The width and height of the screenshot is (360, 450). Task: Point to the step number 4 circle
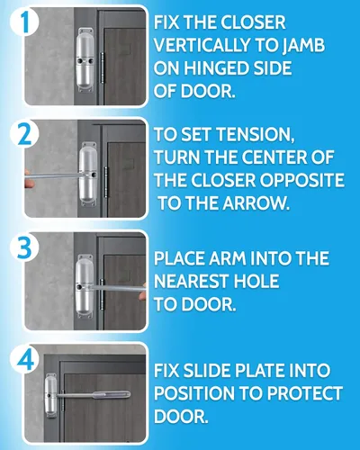tap(24, 359)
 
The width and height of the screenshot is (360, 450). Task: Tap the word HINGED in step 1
tap(216, 67)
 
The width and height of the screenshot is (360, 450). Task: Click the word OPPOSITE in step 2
tap(301, 180)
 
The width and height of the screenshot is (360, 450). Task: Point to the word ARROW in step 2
tap(256, 203)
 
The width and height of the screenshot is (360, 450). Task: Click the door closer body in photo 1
tap(86, 60)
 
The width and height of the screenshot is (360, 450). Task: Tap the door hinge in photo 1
tap(102, 68)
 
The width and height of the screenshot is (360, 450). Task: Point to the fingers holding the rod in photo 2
tap(27, 178)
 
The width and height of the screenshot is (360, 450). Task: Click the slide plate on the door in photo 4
tap(112, 395)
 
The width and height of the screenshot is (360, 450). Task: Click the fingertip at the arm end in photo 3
tap(143, 291)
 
